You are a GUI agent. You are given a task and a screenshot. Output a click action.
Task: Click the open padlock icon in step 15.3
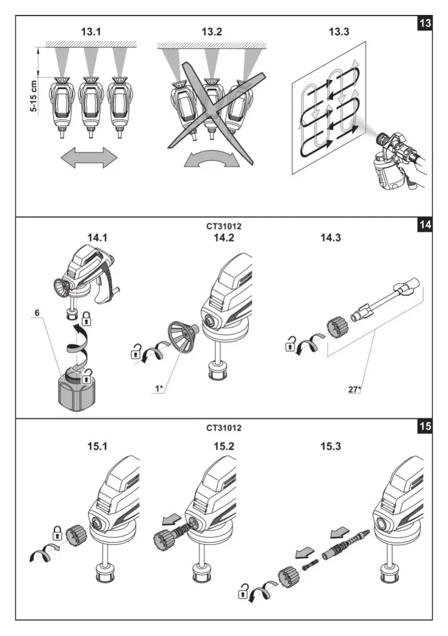(x=243, y=592)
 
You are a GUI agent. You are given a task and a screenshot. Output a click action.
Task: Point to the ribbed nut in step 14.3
(x=338, y=326)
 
